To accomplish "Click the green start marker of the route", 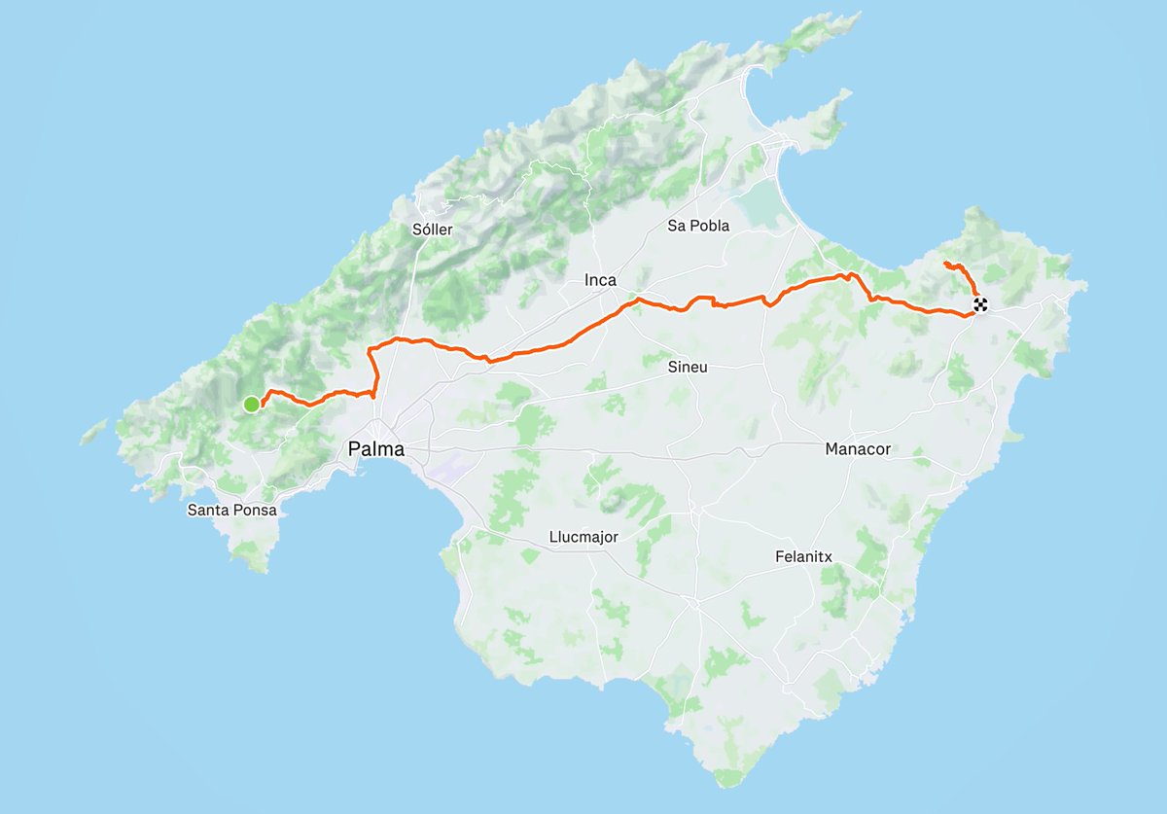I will tap(251, 404).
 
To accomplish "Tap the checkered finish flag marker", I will tap(980, 304).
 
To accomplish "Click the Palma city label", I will tap(375, 449).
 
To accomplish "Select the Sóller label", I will tap(433, 230).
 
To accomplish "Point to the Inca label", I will tap(600, 280).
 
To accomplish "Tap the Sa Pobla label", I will tap(698, 226).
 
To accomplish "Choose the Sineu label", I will tap(688, 368).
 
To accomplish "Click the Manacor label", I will tap(858, 449).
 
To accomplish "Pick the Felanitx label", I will tap(803, 557).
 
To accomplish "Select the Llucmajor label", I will tap(583, 537).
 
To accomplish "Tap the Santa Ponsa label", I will tap(232, 510).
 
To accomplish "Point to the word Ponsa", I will tap(254, 510).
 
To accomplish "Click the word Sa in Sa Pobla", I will tap(676, 226).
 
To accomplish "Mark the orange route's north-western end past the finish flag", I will tap(945, 263).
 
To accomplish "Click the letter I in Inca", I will tap(586, 280).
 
